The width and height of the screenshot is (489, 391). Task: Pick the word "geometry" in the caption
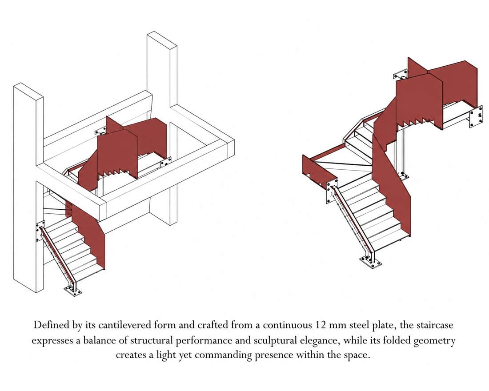(x=434, y=341)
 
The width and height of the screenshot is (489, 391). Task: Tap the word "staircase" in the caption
(x=434, y=325)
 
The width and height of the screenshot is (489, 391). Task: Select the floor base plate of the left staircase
(x=73, y=291)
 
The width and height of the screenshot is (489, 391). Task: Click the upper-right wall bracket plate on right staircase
(x=476, y=116)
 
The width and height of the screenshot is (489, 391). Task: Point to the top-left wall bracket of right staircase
(x=401, y=75)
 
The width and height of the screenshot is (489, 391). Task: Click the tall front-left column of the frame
(x=28, y=187)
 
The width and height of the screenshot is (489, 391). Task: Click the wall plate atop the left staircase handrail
(x=40, y=231)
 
